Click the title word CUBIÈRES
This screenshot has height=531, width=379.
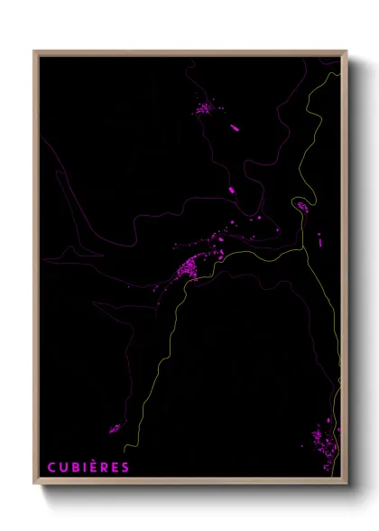pyautogui.click(x=88, y=467)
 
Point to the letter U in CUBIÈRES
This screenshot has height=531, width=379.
pyautogui.click(x=63, y=467)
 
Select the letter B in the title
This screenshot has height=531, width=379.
pyautogui.click(x=74, y=467)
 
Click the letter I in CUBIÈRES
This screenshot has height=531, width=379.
pyautogui.click(x=83, y=467)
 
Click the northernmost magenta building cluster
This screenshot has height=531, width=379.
pyautogui.click(x=206, y=109)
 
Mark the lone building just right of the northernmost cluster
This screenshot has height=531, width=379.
pyautogui.click(x=235, y=128)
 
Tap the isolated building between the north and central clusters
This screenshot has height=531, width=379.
pyautogui.click(x=232, y=191)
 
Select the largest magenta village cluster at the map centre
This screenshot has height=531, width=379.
pyautogui.click(x=191, y=266)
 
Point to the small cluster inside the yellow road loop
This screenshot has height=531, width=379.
pyautogui.click(x=301, y=207)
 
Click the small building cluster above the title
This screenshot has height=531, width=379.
pyautogui.click(x=115, y=428)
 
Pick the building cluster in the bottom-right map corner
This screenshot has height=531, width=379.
pyautogui.click(x=321, y=442)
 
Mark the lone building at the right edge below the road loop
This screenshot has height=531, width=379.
pyautogui.click(x=319, y=239)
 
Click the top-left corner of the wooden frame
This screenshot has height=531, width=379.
pyautogui.click(x=35, y=51)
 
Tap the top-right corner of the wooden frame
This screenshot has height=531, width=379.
pyautogui.click(x=347, y=51)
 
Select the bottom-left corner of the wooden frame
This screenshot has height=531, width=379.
pyautogui.click(x=35, y=485)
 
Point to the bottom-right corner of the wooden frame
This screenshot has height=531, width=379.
pyautogui.click(x=347, y=485)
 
